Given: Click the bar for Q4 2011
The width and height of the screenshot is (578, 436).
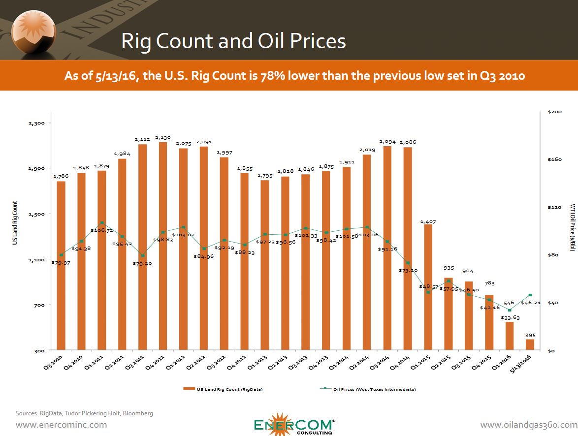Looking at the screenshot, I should (x=163, y=246).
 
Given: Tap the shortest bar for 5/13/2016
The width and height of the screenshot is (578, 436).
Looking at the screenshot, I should (x=530, y=344).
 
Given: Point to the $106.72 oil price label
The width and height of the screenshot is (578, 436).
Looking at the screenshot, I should (x=101, y=230).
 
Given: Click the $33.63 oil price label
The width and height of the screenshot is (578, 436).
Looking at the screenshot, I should (x=510, y=317).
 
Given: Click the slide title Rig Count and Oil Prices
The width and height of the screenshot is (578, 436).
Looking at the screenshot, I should (x=233, y=41).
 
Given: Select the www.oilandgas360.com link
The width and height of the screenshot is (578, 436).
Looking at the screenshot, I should (x=528, y=425).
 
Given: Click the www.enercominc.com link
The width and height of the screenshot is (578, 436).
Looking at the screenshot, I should (x=61, y=425).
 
